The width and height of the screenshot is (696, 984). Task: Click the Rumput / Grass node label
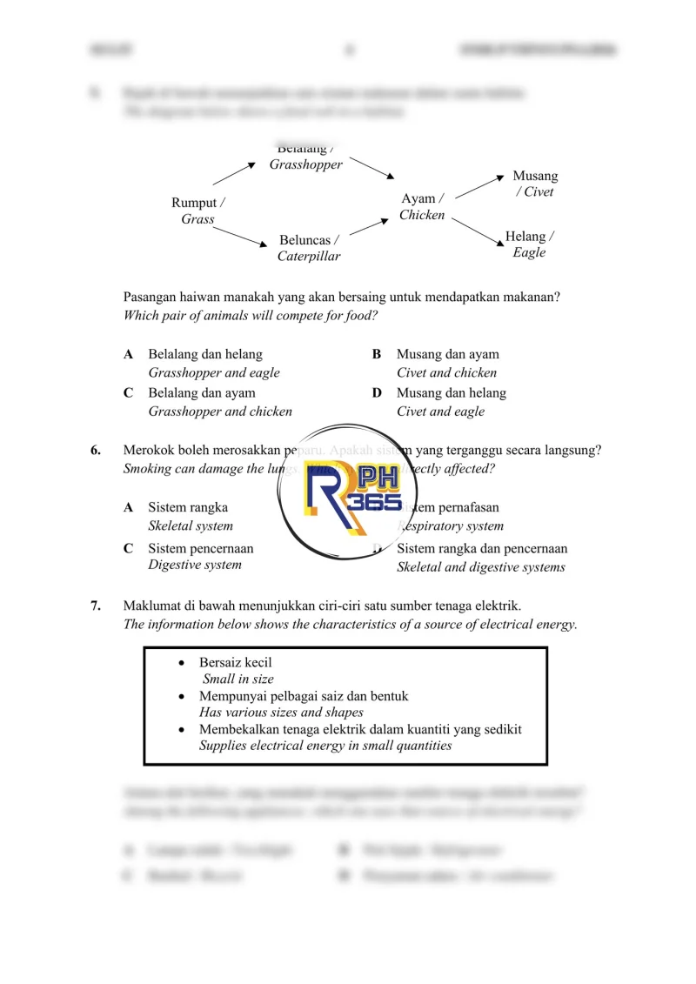[x=198, y=211]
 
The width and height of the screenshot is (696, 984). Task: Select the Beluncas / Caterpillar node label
[x=309, y=248]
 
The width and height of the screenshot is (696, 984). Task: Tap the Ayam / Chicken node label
[x=422, y=207]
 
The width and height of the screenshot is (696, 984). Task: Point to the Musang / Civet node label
[x=535, y=184]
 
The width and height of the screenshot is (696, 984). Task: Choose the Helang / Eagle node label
[x=529, y=244]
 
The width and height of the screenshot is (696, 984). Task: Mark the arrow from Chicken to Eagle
[x=474, y=230]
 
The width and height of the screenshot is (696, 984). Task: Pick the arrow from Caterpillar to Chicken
[x=370, y=227]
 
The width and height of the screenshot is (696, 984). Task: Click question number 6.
[x=97, y=450]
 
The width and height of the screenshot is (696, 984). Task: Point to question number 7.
[x=97, y=606]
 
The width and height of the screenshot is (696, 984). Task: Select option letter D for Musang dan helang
[x=377, y=393]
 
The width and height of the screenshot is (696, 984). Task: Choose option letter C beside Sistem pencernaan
[x=128, y=549]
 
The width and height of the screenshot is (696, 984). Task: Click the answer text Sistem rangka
[x=188, y=507]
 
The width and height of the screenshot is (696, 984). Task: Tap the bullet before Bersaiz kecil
[x=181, y=663]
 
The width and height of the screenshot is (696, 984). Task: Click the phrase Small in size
[x=238, y=679]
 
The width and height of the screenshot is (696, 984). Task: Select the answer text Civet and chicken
[x=446, y=372]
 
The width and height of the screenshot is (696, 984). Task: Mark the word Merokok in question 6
[x=150, y=450]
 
